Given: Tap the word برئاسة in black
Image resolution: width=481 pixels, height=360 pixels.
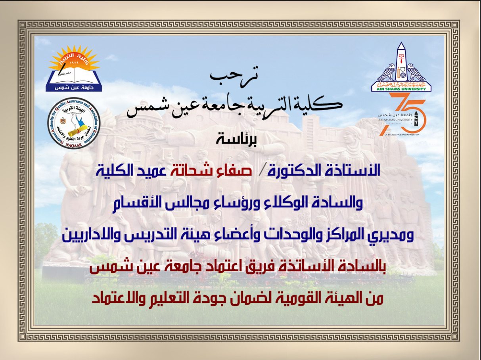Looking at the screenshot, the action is click(236, 139).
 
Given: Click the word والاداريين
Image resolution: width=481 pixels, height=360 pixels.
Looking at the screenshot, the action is click(88, 235).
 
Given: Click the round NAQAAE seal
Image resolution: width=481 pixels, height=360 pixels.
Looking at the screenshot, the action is click(74, 123).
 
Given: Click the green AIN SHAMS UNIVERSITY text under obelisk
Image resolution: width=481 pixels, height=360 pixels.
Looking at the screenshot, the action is click(401, 89).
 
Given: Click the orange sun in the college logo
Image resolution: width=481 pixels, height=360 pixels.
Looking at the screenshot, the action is click(74, 58).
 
